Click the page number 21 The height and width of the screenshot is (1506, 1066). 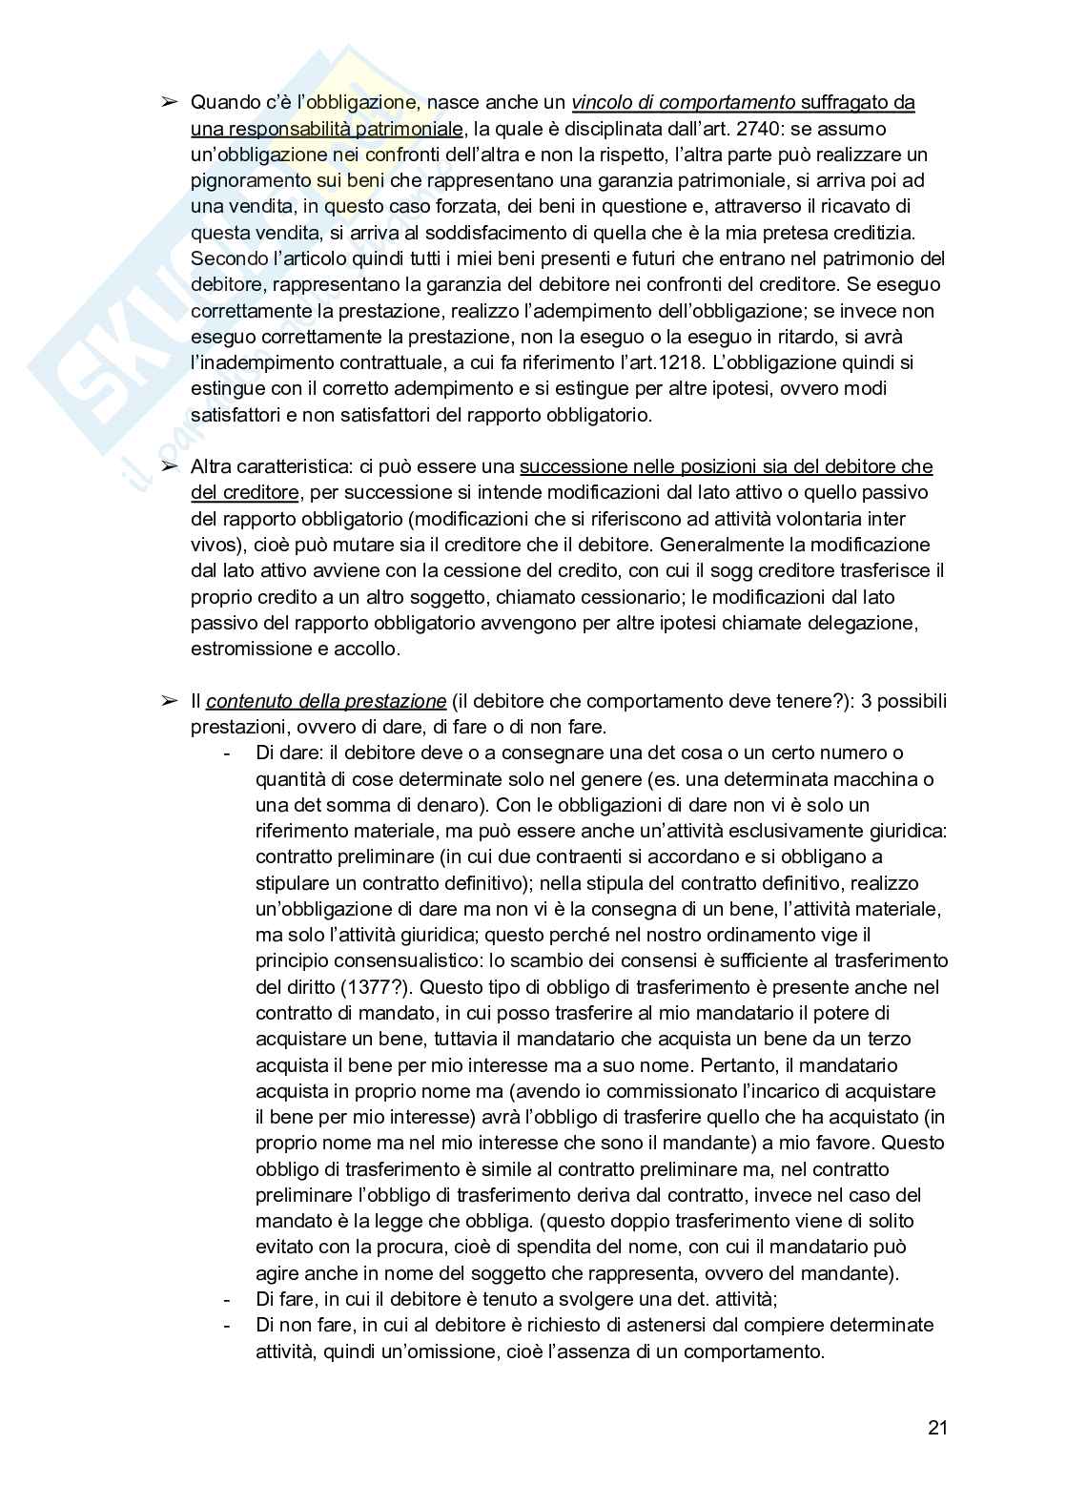pos(936,1429)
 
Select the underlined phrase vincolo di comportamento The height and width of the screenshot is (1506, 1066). pos(684,103)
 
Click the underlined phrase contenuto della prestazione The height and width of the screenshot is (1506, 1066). pos(326,701)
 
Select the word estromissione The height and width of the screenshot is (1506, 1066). pos(248,649)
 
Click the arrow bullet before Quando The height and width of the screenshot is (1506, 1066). pos(169,102)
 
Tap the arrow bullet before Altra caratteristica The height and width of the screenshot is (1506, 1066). pos(169,466)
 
